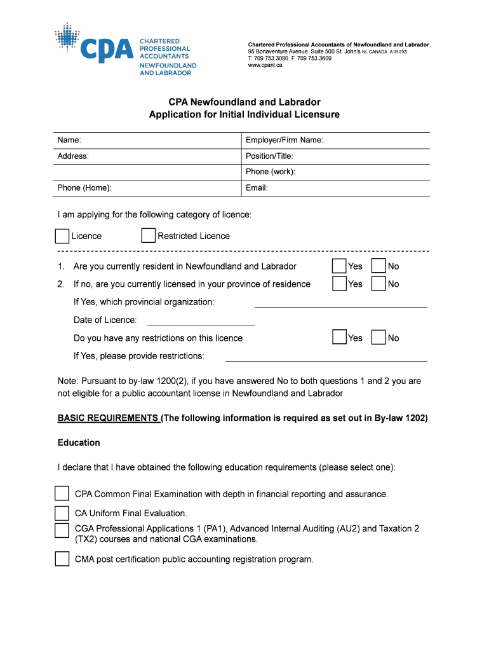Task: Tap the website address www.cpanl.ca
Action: [265, 65]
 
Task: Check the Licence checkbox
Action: [62, 236]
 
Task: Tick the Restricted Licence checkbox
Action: [148, 236]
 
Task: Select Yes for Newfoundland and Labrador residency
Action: [340, 266]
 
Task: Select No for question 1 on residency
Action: [378, 266]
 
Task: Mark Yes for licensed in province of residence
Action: [340, 284]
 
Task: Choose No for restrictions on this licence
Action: [378, 338]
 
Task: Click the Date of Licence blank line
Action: [200, 324]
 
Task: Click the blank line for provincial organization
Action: [340, 306]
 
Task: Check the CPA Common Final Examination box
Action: [62, 494]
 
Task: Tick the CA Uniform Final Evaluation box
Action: [62, 513]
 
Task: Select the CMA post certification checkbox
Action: [62, 559]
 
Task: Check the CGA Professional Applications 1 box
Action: [62, 531]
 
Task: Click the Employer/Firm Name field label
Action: [285, 140]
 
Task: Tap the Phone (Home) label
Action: [84, 188]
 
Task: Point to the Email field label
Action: [257, 188]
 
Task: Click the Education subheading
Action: [79, 442]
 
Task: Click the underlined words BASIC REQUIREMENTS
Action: [108, 418]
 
